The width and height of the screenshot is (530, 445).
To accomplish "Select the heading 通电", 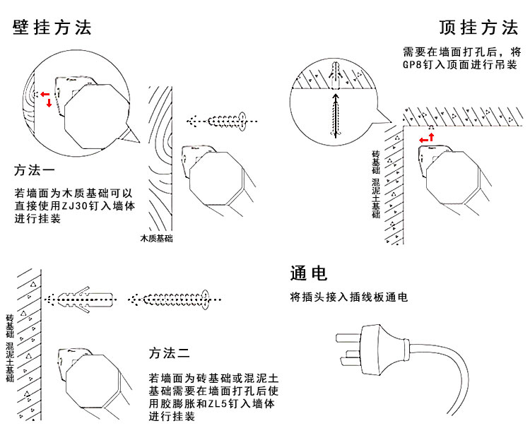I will coord(309,273).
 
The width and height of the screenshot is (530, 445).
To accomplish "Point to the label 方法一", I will coord(35,171).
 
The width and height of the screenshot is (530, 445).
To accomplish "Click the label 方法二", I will coord(169,352).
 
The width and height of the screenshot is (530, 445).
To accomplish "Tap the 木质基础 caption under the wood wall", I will coord(157,239).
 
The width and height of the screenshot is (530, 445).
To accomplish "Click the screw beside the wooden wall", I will coord(219,121).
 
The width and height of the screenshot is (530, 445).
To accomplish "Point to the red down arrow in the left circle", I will coord(49,104).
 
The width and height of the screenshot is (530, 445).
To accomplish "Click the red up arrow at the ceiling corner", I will coord(432,136).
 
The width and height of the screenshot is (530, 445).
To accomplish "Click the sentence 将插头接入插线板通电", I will coord(349,297).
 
